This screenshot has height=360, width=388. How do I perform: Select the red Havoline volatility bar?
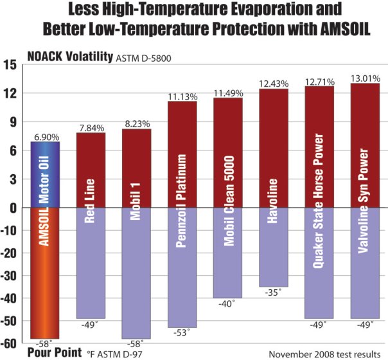pos(273,148)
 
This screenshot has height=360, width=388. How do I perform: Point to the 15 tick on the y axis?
pos(10,65)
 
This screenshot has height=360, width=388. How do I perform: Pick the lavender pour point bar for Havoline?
pos(273,248)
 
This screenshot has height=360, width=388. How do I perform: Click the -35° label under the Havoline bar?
pos(273,293)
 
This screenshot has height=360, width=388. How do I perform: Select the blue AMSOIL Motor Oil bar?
pos(46,175)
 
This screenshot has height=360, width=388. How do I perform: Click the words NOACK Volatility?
pos(69,57)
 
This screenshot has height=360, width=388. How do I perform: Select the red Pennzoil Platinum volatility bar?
pos(182,154)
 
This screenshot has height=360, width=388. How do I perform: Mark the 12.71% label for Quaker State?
pos(319,81)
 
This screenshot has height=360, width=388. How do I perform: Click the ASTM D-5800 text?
pos(145,59)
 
